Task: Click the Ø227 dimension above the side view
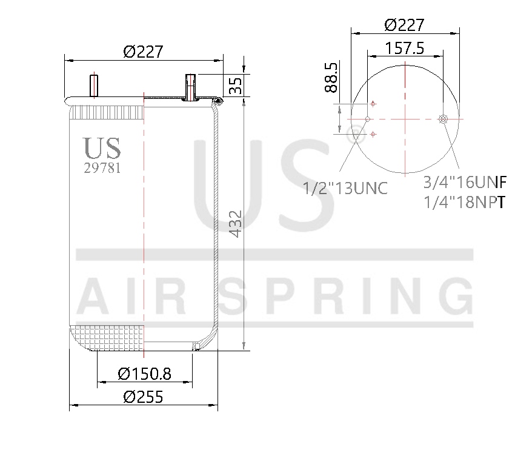pos(144,52)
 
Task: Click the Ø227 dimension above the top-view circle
pos(404,25)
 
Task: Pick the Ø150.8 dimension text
pos(144,374)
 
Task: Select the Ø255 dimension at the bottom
pos(144,397)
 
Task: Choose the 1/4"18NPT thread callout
pos(465,202)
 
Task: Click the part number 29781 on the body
pos(102,169)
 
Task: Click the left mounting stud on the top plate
pos(94,85)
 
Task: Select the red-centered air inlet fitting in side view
pos(191,87)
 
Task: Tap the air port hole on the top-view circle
pos(444,119)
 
